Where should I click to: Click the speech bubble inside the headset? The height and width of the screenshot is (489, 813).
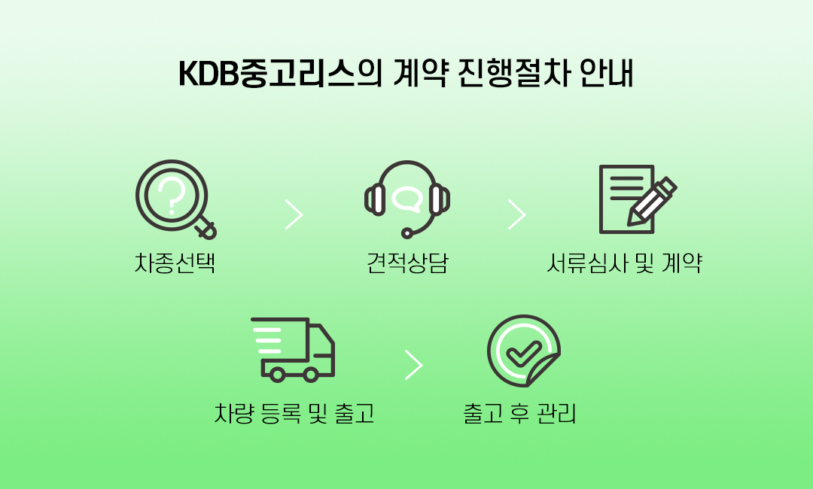pyautogui.click(x=407, y=199)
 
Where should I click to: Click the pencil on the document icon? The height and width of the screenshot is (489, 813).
pyautogui.click(x=652, y=202)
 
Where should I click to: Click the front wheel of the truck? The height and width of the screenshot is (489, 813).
pyautogui.click(x=311, y=374)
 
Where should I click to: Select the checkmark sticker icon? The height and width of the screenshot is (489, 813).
pyautogui.click(x=524, y=350)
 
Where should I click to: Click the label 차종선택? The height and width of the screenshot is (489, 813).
pyautogui.click(x=175, y=263)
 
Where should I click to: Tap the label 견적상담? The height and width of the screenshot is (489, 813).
pyautogui.click(x=407, y=263)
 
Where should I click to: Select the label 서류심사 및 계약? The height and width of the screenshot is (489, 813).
pyautogui.click(x=624, y=263)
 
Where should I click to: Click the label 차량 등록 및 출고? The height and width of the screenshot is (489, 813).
pyautogui.click(x=294, y=413)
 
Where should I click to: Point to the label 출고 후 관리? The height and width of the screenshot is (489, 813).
pyautogui.click(x=519, y=413)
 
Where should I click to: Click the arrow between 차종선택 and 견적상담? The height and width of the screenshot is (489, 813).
pyautogui.click(x=294, y=214)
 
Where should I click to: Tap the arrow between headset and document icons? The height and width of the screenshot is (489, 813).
pyautogui.click(x=517, y=214)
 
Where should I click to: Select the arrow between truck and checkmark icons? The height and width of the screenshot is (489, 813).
pyautogui.click(x=414, y=365)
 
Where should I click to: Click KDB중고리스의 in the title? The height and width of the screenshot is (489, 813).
pyautogui.click(x=281, y=74)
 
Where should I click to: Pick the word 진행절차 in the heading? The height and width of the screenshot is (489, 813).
pyautogui.click(x=515, y=74)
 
